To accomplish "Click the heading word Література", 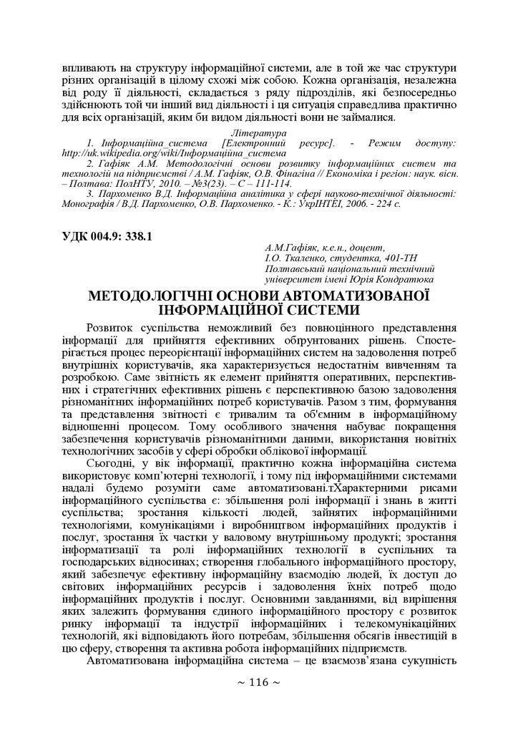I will click(259, 134).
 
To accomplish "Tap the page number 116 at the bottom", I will click(258, 702).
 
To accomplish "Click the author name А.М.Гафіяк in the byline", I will click(293, 248).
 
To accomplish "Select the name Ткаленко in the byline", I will click(301, 258).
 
